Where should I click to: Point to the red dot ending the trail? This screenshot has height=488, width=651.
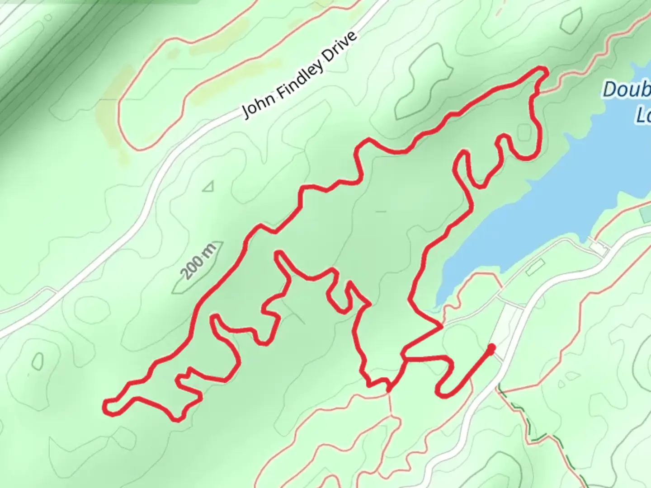[491, 347]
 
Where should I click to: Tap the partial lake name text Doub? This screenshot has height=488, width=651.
[626, 90]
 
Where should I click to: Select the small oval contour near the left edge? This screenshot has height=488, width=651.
[37, 361]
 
